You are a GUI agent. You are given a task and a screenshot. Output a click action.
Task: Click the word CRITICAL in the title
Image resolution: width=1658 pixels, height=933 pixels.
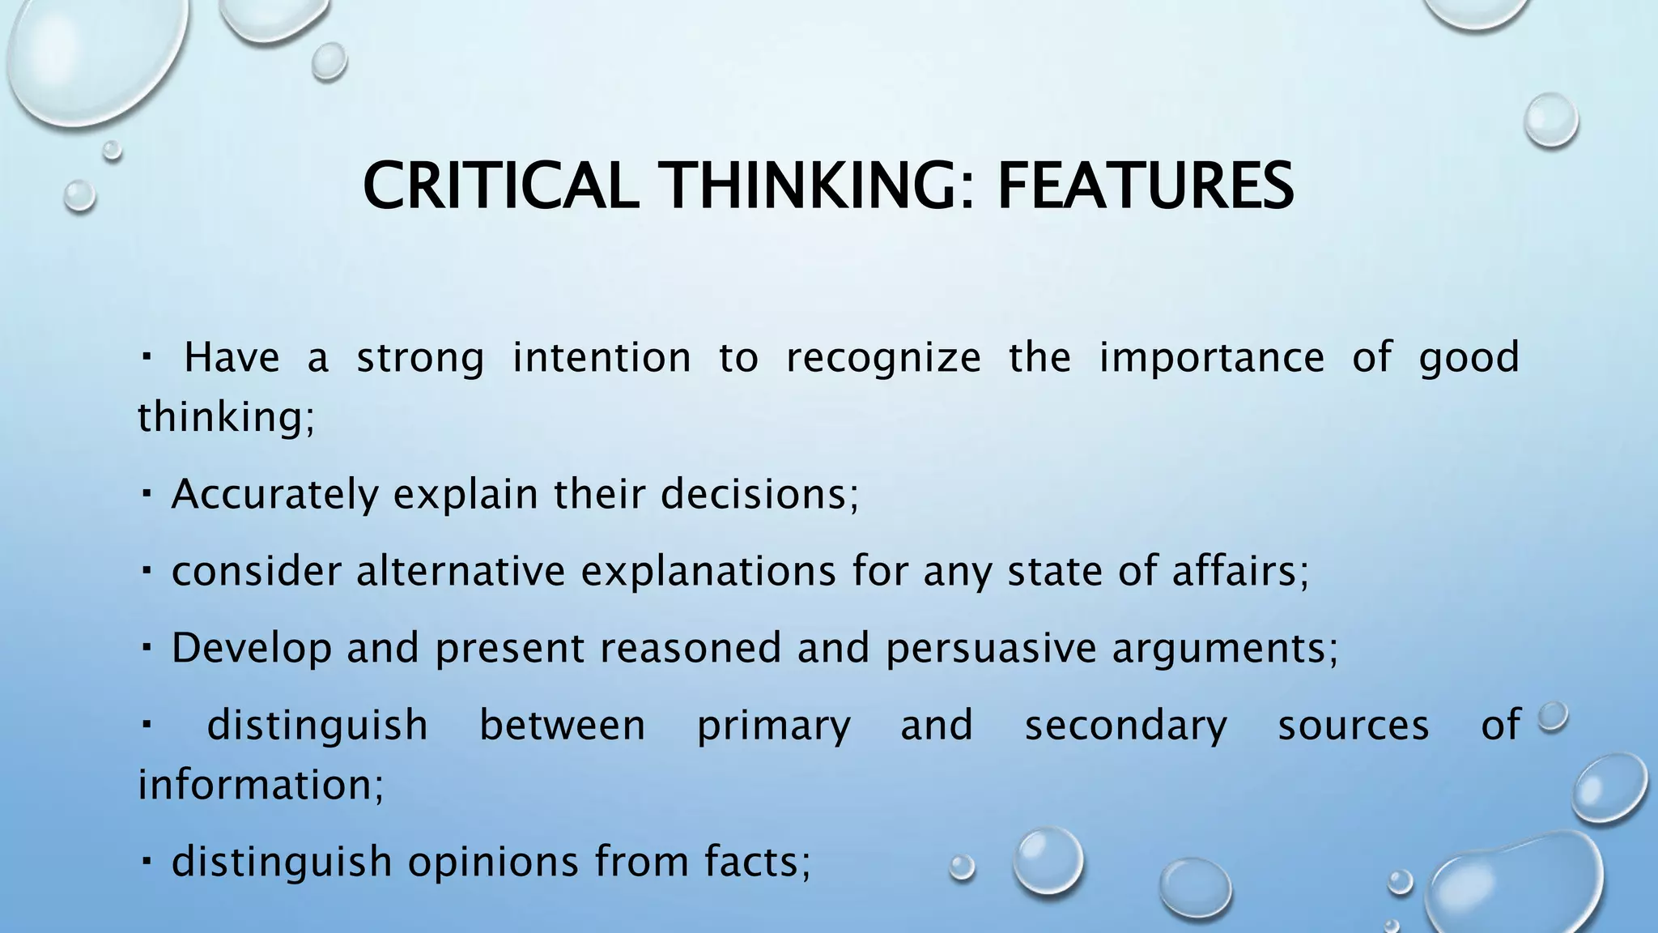(x=495, y=186)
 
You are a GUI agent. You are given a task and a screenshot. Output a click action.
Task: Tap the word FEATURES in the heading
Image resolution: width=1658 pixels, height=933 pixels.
(x=1145, y=186)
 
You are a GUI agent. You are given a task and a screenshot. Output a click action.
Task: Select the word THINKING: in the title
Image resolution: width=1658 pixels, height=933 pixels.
(x=818, y=186)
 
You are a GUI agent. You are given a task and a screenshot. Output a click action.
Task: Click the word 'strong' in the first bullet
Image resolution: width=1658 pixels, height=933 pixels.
(x=420, y=358)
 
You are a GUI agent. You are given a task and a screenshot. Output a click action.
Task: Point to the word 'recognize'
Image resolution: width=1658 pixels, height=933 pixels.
(x=883, y=358)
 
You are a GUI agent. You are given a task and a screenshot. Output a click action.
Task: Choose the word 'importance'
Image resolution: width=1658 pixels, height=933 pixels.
(x=1211, y=358)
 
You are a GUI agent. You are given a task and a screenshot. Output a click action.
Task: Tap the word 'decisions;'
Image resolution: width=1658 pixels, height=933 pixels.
(x=759, y=494)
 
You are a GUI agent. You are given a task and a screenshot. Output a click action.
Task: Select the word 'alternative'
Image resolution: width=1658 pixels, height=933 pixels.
(x=461, y=571)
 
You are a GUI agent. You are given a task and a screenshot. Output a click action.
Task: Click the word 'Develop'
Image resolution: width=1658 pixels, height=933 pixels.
(x=252, y=648)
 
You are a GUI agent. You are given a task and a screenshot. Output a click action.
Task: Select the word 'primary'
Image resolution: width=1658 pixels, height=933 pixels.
(x=774, y=725)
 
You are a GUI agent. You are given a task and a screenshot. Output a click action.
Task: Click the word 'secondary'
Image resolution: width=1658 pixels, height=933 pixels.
(x=1126, y=725)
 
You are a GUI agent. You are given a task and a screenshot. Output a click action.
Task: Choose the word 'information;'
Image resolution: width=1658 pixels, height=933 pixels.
(x=261, y=785)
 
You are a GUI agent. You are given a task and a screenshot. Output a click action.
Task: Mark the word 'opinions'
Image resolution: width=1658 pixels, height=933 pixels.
(x=493, y=862)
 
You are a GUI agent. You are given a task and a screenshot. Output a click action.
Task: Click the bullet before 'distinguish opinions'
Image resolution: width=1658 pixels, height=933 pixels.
(x=147, y=859)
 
